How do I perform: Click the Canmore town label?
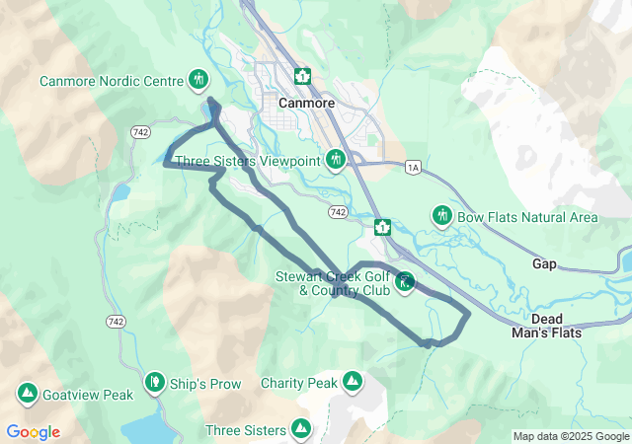pyautogui.click(x=307, y=103)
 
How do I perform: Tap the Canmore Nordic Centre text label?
pyautogui.click(x=112, y=80)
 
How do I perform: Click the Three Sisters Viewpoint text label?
pyautogui.click(x=248, y=160)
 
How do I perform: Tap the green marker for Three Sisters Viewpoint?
pyautogui.click(x=336, y=159)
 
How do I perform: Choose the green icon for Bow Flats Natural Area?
pyautogui.click(x=441, y=215)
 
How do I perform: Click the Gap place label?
pyautogui.click(x=544, y=264)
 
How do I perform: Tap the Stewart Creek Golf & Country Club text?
pyautogui.click(x=333, y=284)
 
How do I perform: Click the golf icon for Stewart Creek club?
pyautogui.click(x=404, y=283)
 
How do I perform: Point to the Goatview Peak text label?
pyautogui.click(x=88, y=395)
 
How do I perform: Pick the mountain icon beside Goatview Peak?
pyautogui.click(x=28, y=395)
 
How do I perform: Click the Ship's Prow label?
pyautogui.click(x=205, y=384)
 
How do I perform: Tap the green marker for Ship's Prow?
pyautogui.click(x=154, y=382)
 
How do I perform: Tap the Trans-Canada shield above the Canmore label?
pyautogui.click(x=302, y=76)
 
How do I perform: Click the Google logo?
pyautogui.click(x=33, y=432)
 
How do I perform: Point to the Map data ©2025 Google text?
pyautogui.click(x=570, y=436)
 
